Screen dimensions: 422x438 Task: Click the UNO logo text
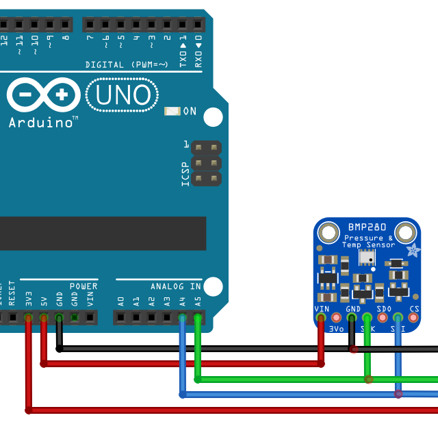pyautogui.click(x=123, y=95)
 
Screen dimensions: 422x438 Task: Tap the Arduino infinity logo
pyautogui.click(x=44, y=95)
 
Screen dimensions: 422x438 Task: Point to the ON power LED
pyautogui.click(x=172, y=111)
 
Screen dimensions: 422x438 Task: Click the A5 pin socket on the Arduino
pyautogui.click(x=197, y=318)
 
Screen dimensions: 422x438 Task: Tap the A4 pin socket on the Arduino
pyautogui.click(x=182, y=318)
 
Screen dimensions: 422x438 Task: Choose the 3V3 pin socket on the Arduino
pyautogui.click(x=28, y=318)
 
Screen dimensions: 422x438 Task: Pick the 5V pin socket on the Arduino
pyautogui.click(x=43, y=318)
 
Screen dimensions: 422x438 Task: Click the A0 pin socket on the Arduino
pyautogui.click(x=121, y=318)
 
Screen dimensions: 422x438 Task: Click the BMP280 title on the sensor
pyautogui.click(x=367, y=227)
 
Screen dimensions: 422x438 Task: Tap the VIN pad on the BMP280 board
pyautogui.click(x=321, y=318)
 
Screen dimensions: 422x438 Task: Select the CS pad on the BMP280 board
pyautogui.click(x=413, y=318)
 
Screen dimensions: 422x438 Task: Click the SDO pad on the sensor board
pyautogui.click(x=383, y=318)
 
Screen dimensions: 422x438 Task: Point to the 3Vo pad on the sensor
pyautogui.click(x=336, y=318)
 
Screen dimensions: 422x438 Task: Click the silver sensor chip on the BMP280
pyautogui.click(x=368, y=258)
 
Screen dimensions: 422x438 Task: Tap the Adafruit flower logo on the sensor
pyautogui.click(x=413, y=251)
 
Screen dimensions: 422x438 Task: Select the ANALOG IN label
pyautogui.click(x=176, y=286)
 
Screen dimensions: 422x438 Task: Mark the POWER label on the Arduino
pyautogui.click(x=83, y=286)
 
